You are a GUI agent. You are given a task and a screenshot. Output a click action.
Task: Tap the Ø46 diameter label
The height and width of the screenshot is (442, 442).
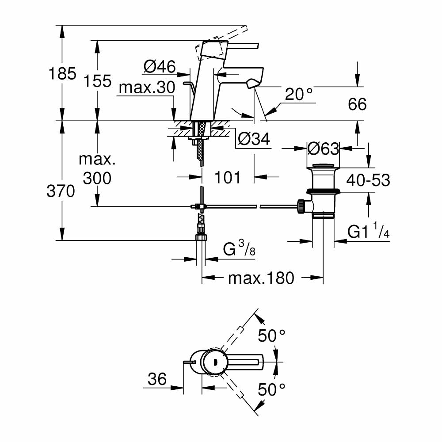click(x=160, y=67)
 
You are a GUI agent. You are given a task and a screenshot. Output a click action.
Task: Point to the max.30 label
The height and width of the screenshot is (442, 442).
click(x=147, y=88)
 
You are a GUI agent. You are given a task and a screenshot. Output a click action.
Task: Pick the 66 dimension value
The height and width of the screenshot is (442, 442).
click(x=357, y=104)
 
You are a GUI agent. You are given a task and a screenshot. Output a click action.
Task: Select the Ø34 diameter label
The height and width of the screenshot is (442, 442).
click(x=253, y=139)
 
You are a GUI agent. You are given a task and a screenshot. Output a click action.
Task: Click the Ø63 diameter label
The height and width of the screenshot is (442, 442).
click(x=323, y=149)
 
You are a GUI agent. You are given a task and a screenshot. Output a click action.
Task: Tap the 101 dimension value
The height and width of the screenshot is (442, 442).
click(x=228, y=177)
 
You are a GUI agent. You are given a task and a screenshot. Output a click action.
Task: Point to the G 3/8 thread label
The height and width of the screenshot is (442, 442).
click(x=239, y=251)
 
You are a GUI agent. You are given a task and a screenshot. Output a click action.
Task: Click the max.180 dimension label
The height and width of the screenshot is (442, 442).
click(x=261, y=278)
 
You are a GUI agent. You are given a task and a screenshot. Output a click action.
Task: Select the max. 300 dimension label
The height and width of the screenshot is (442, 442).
click(x=97, y=169)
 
